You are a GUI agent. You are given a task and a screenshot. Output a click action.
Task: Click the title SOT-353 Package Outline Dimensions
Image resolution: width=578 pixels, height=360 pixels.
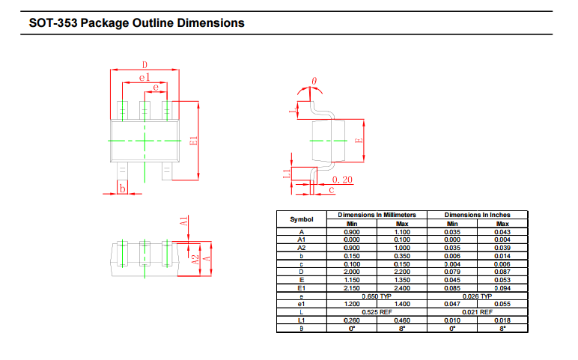[137, 23]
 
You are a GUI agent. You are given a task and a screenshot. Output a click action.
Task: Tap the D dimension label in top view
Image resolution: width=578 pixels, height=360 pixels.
[144, 65]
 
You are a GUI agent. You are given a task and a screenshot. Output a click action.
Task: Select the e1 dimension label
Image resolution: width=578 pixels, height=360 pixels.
[144, 77]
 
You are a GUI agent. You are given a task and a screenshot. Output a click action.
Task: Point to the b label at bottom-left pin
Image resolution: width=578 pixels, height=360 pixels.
[122, 189]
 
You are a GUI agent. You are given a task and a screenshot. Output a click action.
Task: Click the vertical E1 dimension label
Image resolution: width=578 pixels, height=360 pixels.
[193, 141]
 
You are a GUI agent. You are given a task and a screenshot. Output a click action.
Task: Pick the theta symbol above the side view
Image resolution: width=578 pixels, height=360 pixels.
[314, 81]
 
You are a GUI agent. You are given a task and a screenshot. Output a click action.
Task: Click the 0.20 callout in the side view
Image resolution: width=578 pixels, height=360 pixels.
[342, 180]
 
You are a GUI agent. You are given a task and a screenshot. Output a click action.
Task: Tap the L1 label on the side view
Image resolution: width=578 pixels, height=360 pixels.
[287, 174]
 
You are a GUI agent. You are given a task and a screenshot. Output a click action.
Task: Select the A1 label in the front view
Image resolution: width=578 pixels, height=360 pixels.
[183, 221]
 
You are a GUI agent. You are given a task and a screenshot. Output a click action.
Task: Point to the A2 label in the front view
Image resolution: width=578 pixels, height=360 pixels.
[195, 260]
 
